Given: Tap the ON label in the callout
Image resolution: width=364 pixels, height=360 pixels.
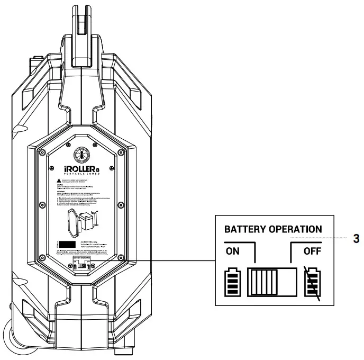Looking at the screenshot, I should (x=233, y=251).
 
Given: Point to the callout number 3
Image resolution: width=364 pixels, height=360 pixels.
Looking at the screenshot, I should (x=356, y=238).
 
